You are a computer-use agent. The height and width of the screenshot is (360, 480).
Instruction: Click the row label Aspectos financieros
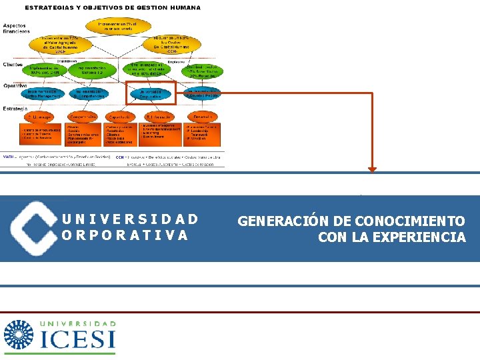[16, 27]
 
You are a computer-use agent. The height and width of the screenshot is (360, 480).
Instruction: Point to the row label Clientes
[13, 65]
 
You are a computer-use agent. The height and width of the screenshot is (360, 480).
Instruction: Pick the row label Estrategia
[15, 108]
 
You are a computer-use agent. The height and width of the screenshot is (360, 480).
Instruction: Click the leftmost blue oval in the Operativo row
[45, 94]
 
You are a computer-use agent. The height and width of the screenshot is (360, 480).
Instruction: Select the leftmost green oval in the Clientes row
[45, 69]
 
